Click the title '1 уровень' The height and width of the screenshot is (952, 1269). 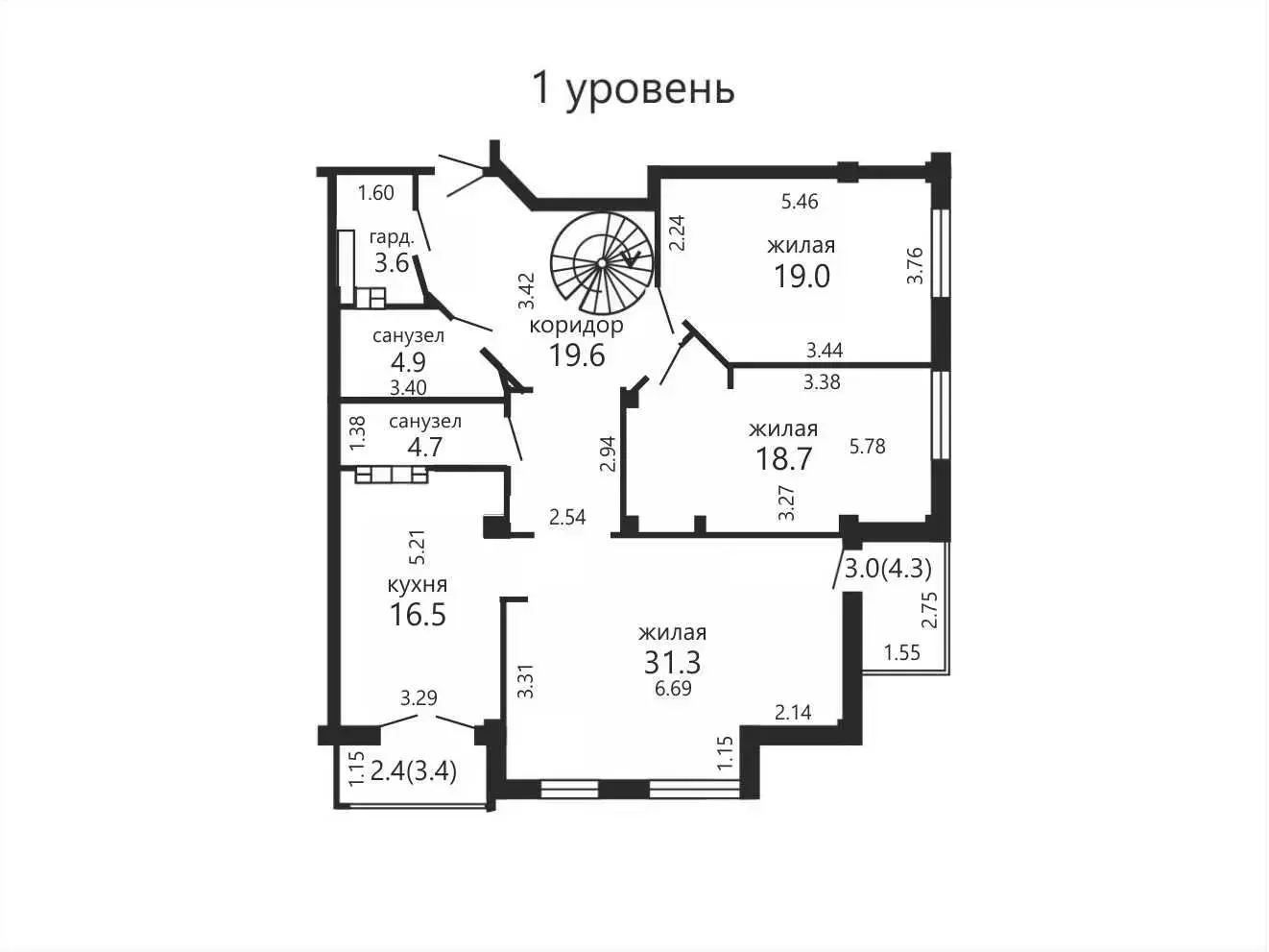tap(633, 90)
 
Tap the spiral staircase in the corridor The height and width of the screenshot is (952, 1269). tap(602, 263)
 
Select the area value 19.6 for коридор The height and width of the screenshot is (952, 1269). tap(576, 354)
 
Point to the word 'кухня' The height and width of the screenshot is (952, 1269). tap(418, 584)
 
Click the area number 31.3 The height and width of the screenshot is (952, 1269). tap(672, 662)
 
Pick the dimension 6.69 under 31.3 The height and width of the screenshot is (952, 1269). tap(674, 689)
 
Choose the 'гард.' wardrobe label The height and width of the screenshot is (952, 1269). tap(392, 237)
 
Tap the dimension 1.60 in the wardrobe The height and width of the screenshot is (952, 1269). tap(375, 192)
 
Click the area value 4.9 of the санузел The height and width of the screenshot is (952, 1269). tap(408, 362)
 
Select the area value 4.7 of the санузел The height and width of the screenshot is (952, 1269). tap(425, 447)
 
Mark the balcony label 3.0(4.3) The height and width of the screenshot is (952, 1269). tap(888, 569)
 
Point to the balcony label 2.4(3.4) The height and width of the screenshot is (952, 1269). tap(414, 771)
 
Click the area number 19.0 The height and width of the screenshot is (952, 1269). tap(802, 276)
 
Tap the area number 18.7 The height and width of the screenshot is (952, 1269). tap(784, 458)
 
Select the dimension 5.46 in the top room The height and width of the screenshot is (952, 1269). tap(800, 202)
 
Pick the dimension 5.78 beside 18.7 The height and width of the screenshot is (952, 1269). tap(867, 447)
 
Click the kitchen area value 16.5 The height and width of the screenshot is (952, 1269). tap(418, 614)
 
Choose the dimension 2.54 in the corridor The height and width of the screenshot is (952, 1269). tap(567, 517)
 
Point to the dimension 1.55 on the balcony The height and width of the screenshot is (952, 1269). tap(902, 652)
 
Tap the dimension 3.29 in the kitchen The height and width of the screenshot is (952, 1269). tap(419, 698)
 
